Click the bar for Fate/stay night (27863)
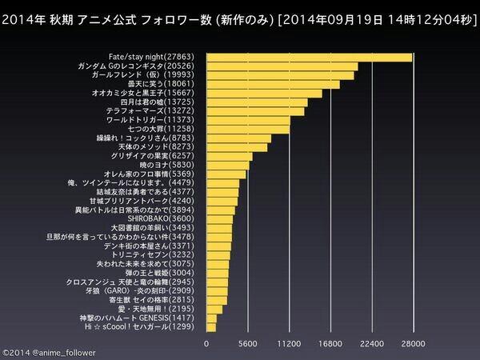coord(309,57)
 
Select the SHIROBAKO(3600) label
coord(170,218)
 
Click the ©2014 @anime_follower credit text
coord(48,350)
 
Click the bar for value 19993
coord(281,75)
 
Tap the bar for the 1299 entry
coord(211,326)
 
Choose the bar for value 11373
coord(249,119)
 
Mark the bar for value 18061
coord(274,84)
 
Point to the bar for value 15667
coord(265,93)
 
